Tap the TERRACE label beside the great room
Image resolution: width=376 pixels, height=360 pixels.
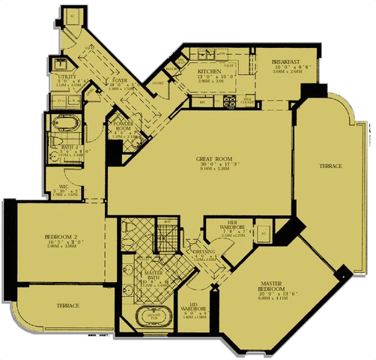coord(330,165)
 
